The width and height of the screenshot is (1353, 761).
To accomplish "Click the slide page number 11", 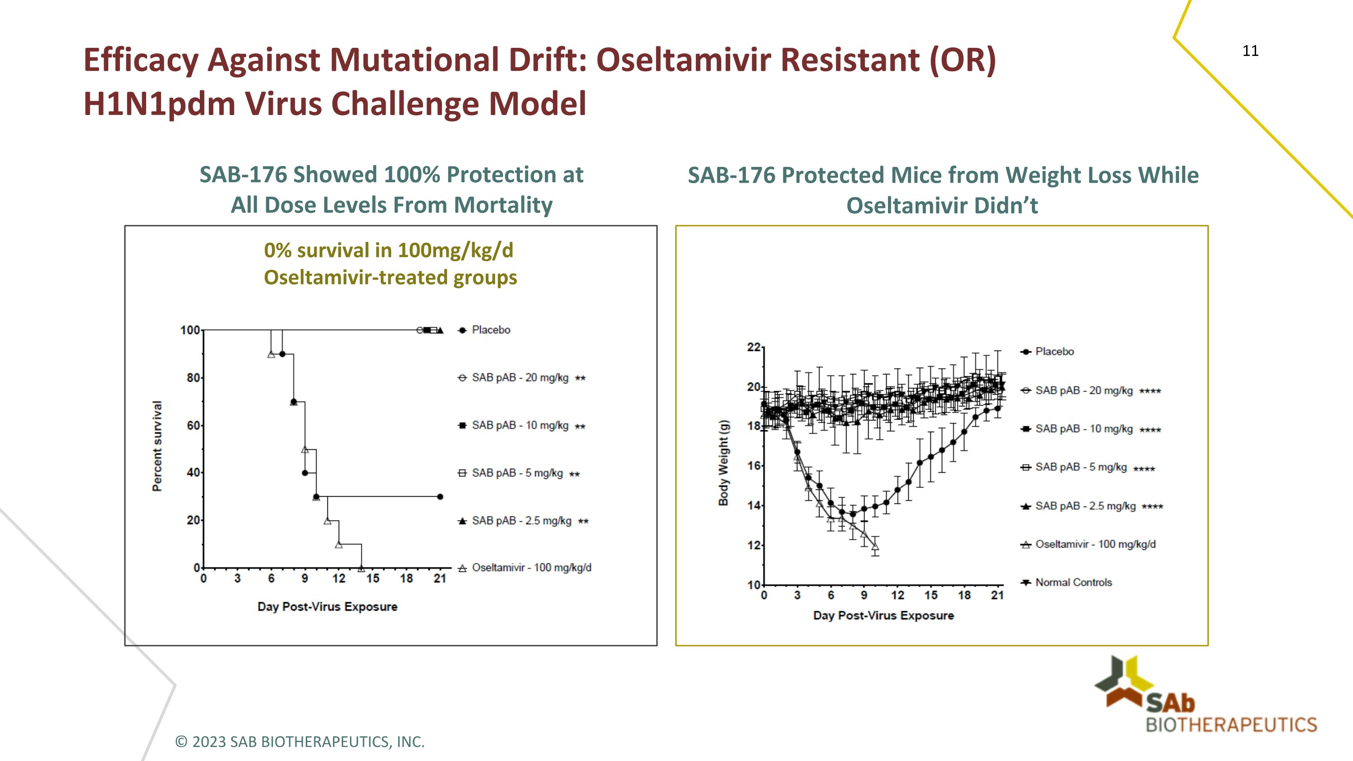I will (x=1250, y=51).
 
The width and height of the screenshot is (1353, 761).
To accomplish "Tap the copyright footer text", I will (x=299, y=742).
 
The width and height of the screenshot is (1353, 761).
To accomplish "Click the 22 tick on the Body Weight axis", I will (x=753, y=347).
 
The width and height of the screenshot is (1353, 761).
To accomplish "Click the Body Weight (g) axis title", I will (x=724, y=463).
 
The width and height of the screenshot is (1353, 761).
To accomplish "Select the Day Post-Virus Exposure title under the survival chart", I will (x=327, y=607).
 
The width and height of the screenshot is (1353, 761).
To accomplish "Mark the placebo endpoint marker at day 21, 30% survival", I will (x=440, y=496).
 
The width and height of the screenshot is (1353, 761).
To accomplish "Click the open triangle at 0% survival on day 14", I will (x=361, y=568).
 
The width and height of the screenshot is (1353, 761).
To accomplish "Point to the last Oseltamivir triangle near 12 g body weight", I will (x=875, y=546).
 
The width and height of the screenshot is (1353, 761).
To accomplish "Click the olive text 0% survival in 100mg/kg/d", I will (x=389, y=250).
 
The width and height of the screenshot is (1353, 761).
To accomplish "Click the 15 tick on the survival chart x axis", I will (x=373, y=579).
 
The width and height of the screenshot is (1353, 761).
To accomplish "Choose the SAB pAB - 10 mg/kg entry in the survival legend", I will (x=520, y=425).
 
